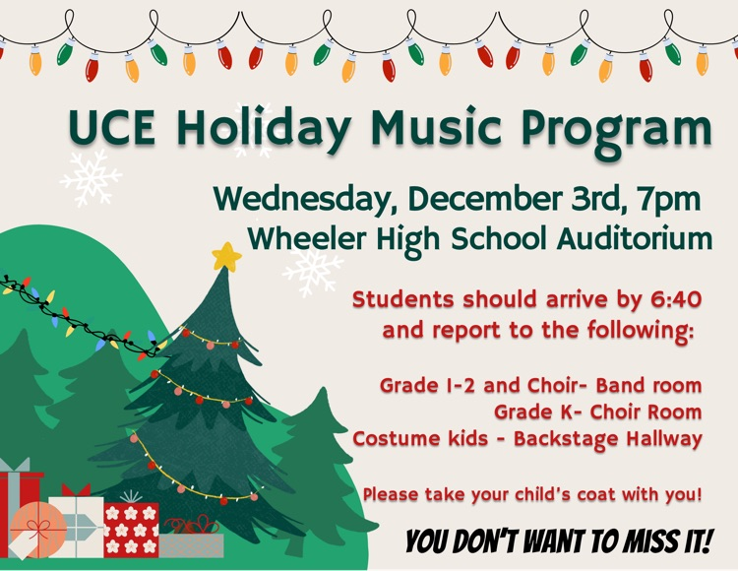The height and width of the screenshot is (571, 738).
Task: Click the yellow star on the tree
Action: [x=227, y=257]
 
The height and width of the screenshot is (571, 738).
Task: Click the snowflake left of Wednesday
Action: [x=91, y=178]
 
